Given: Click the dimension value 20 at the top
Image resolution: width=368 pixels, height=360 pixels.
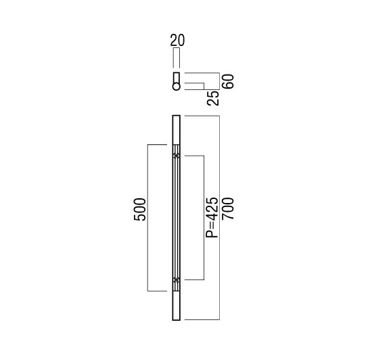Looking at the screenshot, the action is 177,40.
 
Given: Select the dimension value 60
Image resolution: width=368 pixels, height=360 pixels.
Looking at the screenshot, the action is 229,81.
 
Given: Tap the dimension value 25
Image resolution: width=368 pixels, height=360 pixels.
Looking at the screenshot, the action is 213,98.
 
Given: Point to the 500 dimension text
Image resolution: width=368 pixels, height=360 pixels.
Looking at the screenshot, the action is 139,210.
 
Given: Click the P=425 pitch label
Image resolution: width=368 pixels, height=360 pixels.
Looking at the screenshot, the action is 212,217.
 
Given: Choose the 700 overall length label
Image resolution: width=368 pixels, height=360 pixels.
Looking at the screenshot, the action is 229,209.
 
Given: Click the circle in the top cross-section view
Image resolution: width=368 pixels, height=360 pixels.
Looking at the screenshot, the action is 177,87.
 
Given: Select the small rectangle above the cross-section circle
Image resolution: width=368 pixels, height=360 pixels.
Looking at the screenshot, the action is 177,78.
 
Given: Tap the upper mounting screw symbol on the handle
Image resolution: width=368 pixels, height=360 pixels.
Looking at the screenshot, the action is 177,156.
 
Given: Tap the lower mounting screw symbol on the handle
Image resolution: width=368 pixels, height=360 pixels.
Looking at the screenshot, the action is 177,279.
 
